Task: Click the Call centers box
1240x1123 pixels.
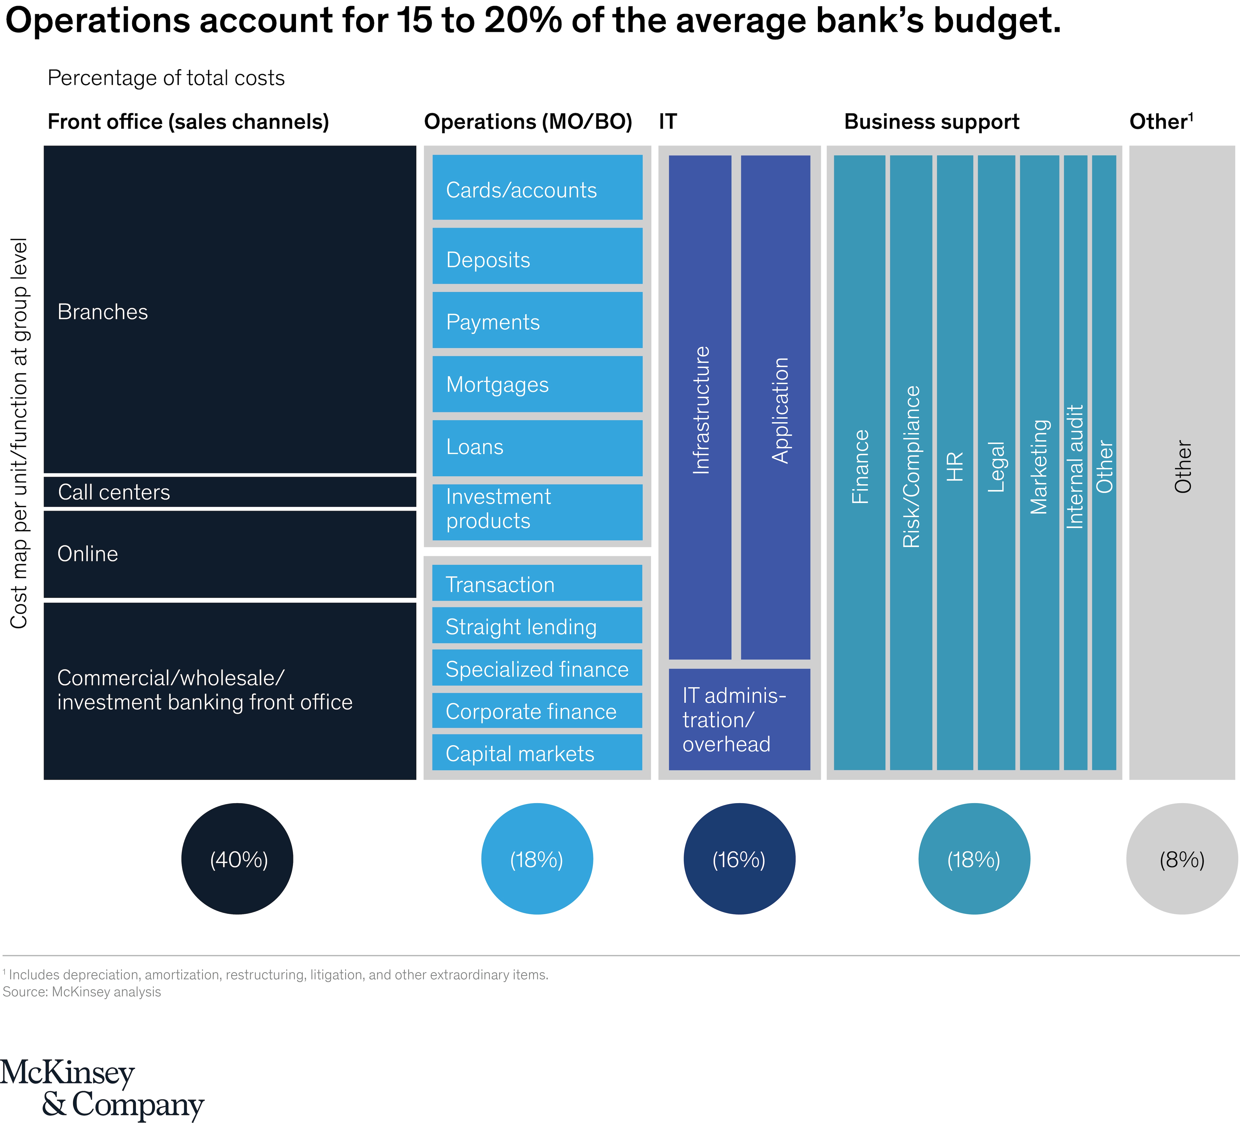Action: [x=229, y=492]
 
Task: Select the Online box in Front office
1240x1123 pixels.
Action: [x=229, y=554]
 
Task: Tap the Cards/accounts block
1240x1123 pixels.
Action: [x=537, y=187]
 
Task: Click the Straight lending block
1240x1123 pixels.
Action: [x=537, y=626]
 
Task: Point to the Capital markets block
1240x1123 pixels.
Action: [x=537, y=753]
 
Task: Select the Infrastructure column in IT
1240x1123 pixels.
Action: [x=700, y=407]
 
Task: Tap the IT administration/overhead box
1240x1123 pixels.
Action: [x=739, y=719]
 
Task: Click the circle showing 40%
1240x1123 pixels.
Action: [x=237, y=859]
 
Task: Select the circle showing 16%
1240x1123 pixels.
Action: [x=739, y=859]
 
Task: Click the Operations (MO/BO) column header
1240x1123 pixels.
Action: [x=528, y=122]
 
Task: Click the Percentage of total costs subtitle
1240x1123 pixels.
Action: [x=166, y=78]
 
